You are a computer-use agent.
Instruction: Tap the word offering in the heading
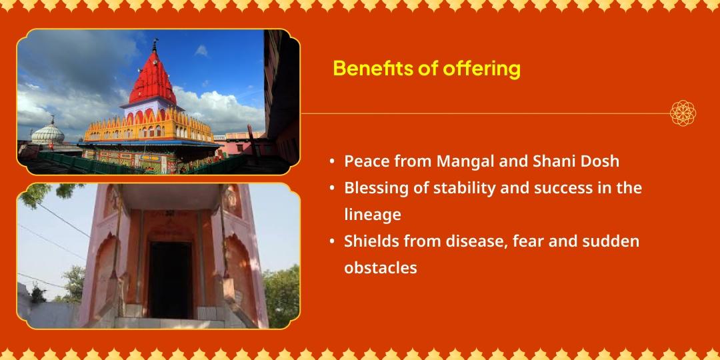[481, 69]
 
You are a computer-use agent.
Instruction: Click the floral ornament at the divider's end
[683, 113]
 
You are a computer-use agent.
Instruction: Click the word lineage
[373, 215]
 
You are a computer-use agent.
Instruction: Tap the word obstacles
[381, 268]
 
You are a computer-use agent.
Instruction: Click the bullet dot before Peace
[332, 162]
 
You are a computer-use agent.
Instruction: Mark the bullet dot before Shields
[332, 242]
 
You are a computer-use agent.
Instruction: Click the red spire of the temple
[153, 77]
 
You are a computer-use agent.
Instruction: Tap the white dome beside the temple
[48, 133]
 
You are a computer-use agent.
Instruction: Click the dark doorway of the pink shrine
[170, 279]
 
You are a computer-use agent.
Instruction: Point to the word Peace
[367, 161]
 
